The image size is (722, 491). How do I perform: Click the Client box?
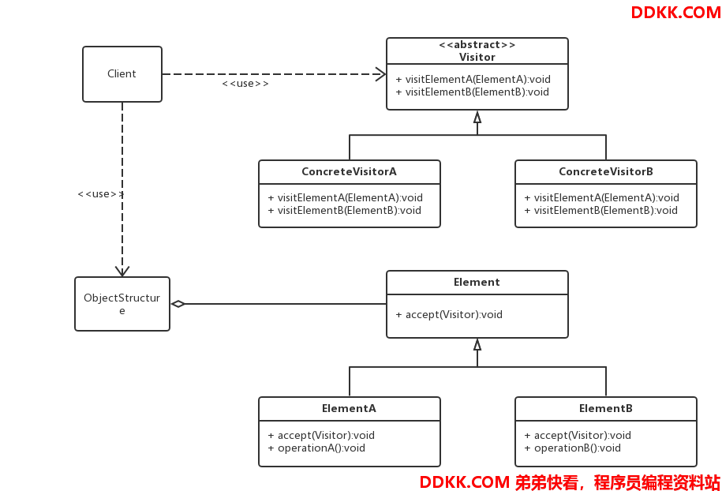(x=122, y=73)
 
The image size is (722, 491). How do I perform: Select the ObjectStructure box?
(x=122, y=304)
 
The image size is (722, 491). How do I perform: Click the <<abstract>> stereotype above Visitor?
(x=477, y=45)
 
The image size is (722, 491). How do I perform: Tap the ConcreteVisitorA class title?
(x=349, y=171)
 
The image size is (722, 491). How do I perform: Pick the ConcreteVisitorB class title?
(x=606, y=171)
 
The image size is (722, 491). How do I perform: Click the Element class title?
(x=477, y=282)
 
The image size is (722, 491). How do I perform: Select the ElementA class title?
(x=349, y=408)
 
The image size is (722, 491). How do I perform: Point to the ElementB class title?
(x=606, y=408)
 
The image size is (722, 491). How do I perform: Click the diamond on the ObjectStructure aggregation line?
(x=178, y=304)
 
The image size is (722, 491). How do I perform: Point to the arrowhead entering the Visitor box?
(x=381, y=73)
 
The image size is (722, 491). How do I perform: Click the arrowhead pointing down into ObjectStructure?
(x=122, y=272)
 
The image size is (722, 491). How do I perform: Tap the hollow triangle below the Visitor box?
(x=477, y=117)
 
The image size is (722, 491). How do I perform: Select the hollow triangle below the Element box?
(x=477, y=344)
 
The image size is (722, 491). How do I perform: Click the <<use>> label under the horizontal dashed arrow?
(x=245, y=84)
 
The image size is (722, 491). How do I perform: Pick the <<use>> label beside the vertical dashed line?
(x=101, y=194)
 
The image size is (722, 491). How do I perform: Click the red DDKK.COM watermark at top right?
(x=675, y=13)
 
